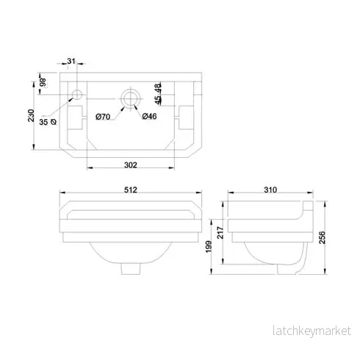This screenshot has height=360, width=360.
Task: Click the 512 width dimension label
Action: point(131,190)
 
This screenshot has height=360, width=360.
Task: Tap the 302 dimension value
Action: point(131,165)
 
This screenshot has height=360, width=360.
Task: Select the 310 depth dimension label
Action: point(270,190)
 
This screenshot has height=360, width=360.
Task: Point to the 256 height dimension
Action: point(323,237)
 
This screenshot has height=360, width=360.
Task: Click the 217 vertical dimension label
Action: point(220,233)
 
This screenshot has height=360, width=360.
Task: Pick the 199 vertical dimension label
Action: point(209,247)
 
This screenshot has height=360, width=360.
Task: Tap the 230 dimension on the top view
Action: point(31,115)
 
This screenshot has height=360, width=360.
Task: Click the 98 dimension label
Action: point(43,82)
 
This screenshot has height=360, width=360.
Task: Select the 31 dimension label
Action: point(71,61)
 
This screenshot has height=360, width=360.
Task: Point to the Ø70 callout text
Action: point(103,117)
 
